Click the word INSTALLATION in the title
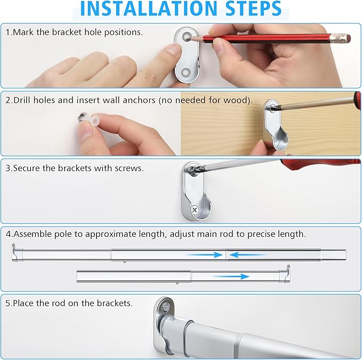pyautogui.click(x=148, y=9)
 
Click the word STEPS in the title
pyautogui.click(x=253, y=9)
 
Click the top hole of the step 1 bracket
pyautogui.click(x=186, y=37)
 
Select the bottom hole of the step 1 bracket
pyautogui.click(x=186, y=73)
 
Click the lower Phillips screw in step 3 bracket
pyautogui.click(x=195, y=210)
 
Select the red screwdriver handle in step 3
pyautogui.click(x=321, y=164)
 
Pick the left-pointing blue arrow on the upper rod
pyautogui.click(x=247, y=255)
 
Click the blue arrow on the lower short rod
pyautogui.click(x=231, y=276)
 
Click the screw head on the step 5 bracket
pyautogui.click(x=166, y=307)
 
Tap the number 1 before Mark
pyautogui.click(x=8, y=32)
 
